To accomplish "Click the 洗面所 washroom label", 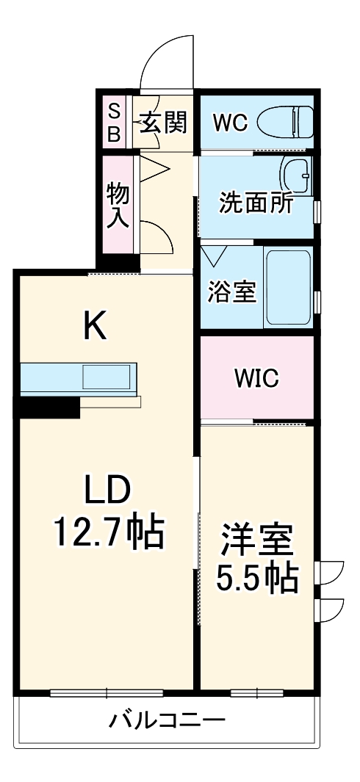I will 256,203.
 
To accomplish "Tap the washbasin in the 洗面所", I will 296,174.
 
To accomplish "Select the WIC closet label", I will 256,378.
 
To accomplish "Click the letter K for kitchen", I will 95,326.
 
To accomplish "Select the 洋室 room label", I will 256,541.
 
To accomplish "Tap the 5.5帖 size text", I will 256,579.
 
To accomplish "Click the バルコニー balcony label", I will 168,719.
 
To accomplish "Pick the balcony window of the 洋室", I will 256,692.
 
